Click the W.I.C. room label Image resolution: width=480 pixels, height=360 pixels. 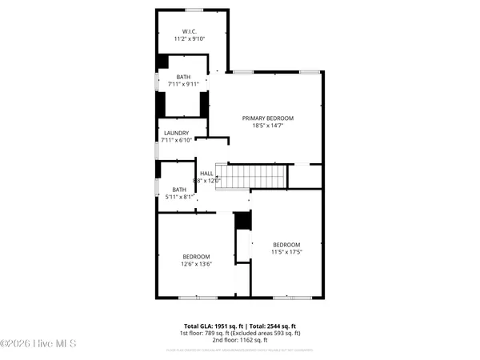click(x=190, y=30)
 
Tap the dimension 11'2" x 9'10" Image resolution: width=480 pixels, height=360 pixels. click(x=190, y=38)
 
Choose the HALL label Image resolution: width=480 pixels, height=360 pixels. click(x=206, y=173)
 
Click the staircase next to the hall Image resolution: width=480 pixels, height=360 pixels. click(x=254, y=175)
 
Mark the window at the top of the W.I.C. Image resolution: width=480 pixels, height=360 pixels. click(x=194, y=10)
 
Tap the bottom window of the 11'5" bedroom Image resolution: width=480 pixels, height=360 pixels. click(x=286, y=298)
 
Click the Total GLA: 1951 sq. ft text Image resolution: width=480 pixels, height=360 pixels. click(x=213, y=326)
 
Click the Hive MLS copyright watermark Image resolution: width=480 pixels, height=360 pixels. click(x=38, y=344)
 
